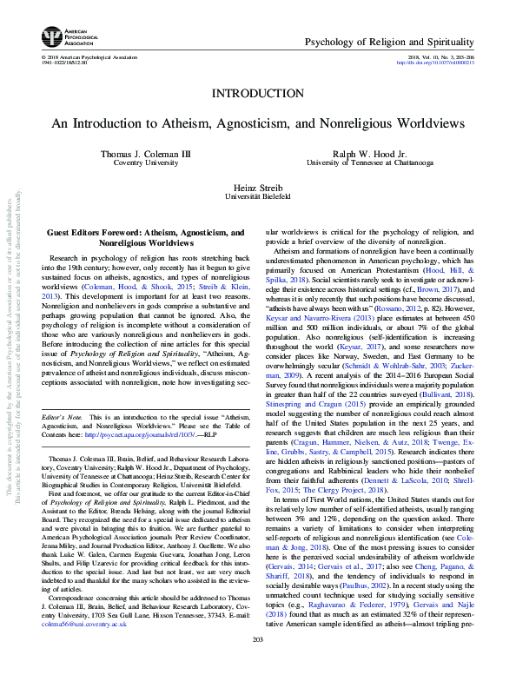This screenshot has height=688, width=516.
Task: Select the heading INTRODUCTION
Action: point(257,93)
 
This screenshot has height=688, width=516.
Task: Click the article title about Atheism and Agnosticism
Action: point(257,124)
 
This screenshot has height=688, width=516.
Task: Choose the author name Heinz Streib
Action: point(257,189)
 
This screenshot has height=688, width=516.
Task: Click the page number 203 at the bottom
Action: point(257,664)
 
